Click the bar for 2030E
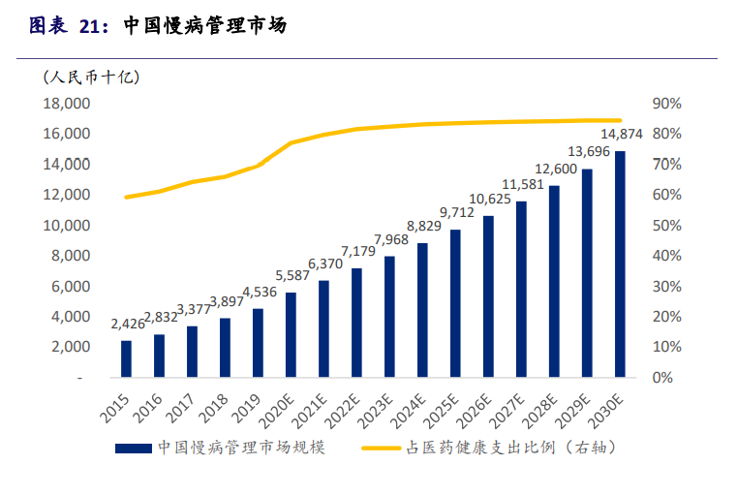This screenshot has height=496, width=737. point(620,263)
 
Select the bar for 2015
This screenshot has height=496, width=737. point(126,358)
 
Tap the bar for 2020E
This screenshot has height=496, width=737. point(291,334)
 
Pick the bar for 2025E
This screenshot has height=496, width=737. point(455,303)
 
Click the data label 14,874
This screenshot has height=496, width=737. point(620,134)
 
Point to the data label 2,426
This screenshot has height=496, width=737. point(126,324)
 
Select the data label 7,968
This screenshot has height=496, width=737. point(389,239)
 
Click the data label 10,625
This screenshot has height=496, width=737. point(488,199)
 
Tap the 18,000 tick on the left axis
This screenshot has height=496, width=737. point(67,104)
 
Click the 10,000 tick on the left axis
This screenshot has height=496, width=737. point(67,226)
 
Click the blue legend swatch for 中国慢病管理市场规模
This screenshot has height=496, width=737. point(133,449)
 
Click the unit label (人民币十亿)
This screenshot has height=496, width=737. point(91,76)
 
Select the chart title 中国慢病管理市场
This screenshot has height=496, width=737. point(205,26)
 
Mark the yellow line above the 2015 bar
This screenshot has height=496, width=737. point(126,197)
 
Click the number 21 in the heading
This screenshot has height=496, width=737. point(90,26)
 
